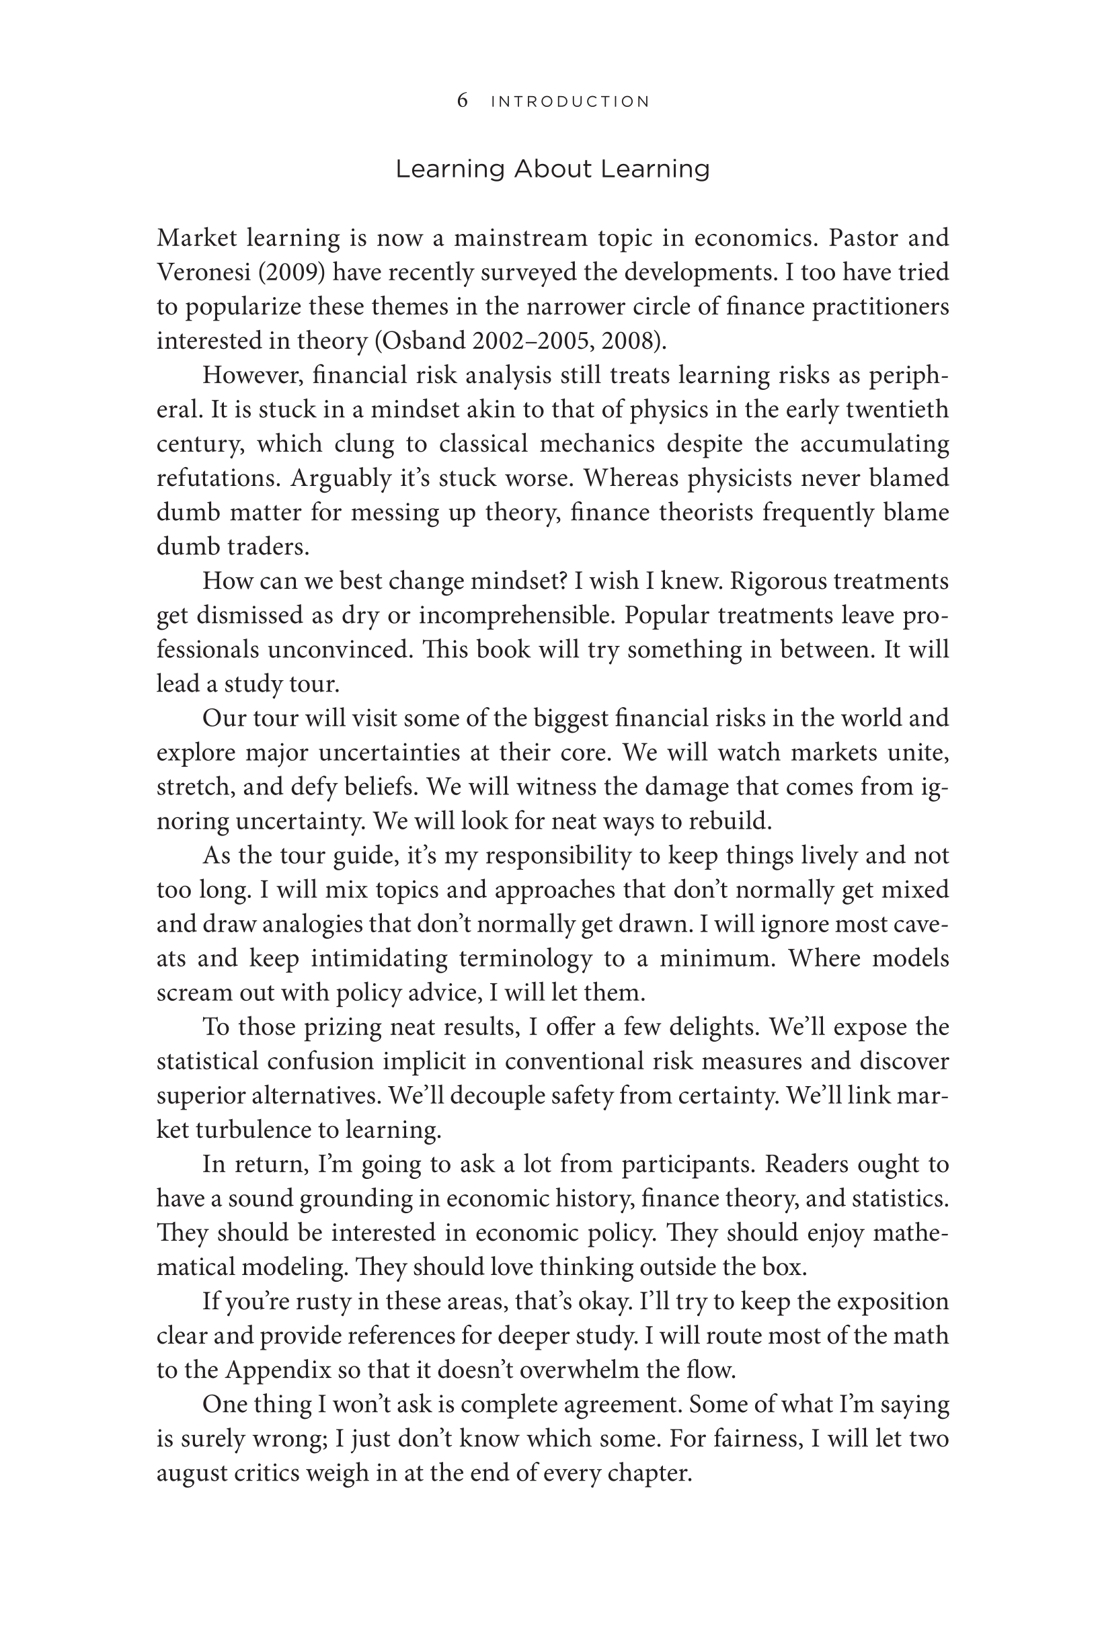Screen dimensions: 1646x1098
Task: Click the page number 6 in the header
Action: point(462,101)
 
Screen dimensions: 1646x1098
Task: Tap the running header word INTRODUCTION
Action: point(570,102)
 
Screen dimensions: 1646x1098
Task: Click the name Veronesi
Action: point(203,272)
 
